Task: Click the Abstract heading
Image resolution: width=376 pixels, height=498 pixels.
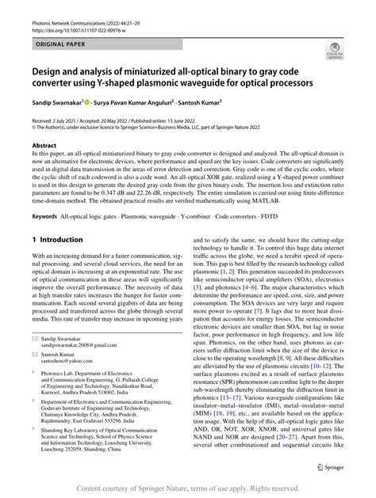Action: tap(44, 146)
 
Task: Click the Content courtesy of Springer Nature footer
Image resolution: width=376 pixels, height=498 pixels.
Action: tap(188, 488)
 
